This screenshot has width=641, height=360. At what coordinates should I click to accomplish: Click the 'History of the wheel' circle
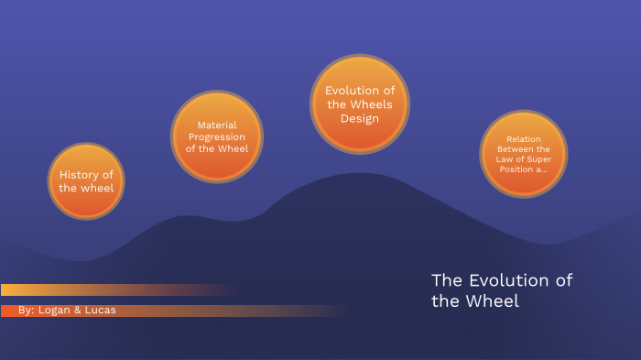[x=86, y=181]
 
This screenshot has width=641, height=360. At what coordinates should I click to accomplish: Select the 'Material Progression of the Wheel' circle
[x=217, y=136]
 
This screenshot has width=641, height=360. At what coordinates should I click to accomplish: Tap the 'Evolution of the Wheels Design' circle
[x=359, y=104]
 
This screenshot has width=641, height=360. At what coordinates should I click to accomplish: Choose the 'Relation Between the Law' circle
[x=524, y=154]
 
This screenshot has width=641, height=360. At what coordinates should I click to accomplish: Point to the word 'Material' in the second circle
[x=217, y=125]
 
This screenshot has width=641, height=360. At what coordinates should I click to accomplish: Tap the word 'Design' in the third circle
[x=359, y=118]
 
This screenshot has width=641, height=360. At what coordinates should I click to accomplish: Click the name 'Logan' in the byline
[x=56, y=311]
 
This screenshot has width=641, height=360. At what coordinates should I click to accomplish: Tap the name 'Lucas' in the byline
[x=99, y=311]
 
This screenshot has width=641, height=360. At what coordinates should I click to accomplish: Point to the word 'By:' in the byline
[x=27, y=311]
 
